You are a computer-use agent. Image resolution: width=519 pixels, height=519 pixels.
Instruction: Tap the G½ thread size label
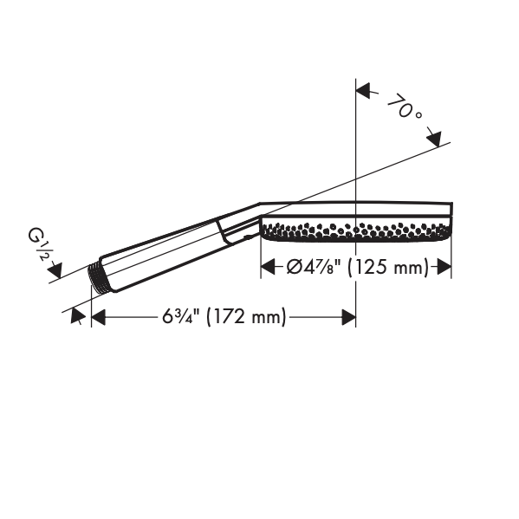pyautogui.click(x=37, y=244)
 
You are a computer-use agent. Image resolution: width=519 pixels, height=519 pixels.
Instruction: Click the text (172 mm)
pyautogui.click(x=246, y=317)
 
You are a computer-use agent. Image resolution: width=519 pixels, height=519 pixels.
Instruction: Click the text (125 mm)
pyautogui.click(x=388, y=267)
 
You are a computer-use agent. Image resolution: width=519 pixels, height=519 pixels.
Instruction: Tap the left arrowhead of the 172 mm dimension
pyautogui.click(x=98, y=317)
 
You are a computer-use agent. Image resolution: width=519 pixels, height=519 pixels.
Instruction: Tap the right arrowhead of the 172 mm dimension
pyautogui.click(x=349, y=317)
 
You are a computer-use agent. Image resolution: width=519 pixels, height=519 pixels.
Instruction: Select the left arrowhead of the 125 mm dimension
pyautogui.click(x=268, y=267)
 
